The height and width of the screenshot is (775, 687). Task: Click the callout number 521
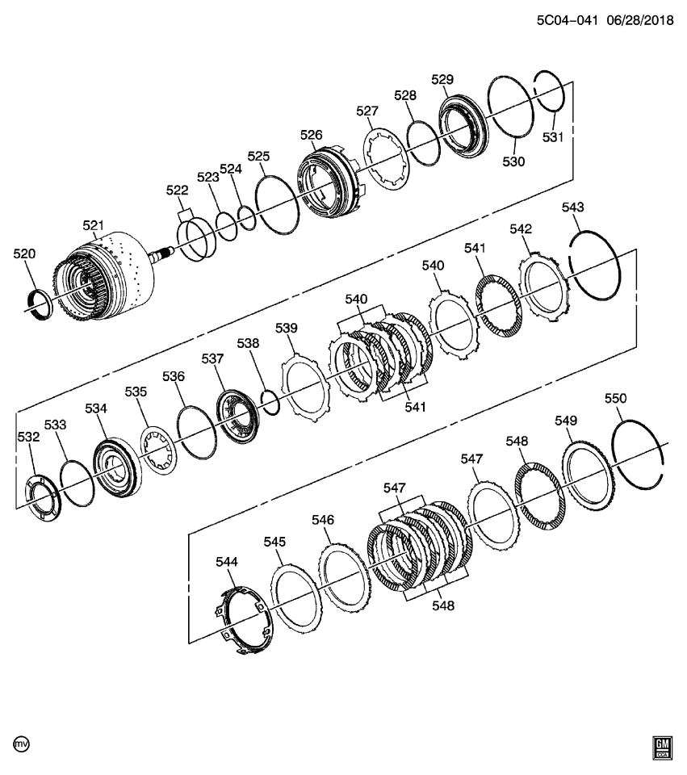[94, 225]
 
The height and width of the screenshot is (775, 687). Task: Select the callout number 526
[311, 135]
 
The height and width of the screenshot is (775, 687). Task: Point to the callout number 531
[551, 137]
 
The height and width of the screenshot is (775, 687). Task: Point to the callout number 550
[616, 398]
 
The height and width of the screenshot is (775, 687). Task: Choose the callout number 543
[572, 207]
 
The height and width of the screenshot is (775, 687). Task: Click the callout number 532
[28, 437]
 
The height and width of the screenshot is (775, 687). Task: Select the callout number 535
[136, 392]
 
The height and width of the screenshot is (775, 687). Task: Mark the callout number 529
[442, 79]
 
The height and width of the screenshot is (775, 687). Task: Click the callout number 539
[286, 328]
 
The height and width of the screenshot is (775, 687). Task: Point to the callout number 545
[275, 542]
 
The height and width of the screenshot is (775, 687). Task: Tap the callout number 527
[367, 111]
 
